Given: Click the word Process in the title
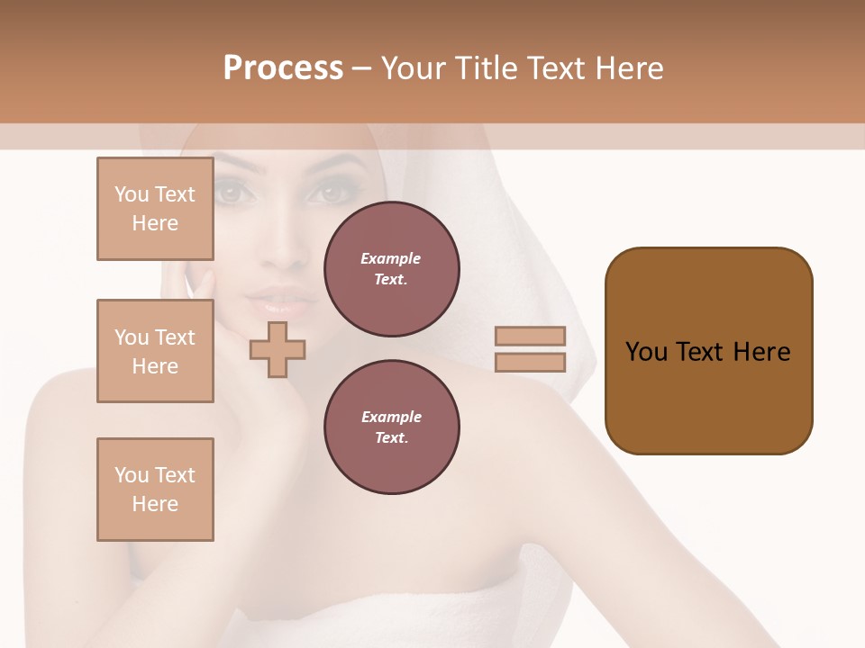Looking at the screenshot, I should (283, 68).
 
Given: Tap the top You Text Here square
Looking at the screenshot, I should (155, 209).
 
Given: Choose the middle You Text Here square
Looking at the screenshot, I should (155, 351).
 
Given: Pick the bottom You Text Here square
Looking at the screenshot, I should (155, 490).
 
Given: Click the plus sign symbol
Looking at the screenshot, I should (278, 349).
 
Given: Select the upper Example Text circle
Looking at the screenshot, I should (391, 268).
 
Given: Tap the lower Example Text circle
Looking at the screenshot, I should (391, 427).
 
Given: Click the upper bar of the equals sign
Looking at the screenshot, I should (530, 336).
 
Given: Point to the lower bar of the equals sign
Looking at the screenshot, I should (530, 363).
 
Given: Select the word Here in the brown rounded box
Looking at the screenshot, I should (761, 352).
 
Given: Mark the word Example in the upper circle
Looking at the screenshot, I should (391, 258).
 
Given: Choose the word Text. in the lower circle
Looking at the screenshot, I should (391, 437).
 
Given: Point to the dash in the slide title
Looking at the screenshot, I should (361, 68).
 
